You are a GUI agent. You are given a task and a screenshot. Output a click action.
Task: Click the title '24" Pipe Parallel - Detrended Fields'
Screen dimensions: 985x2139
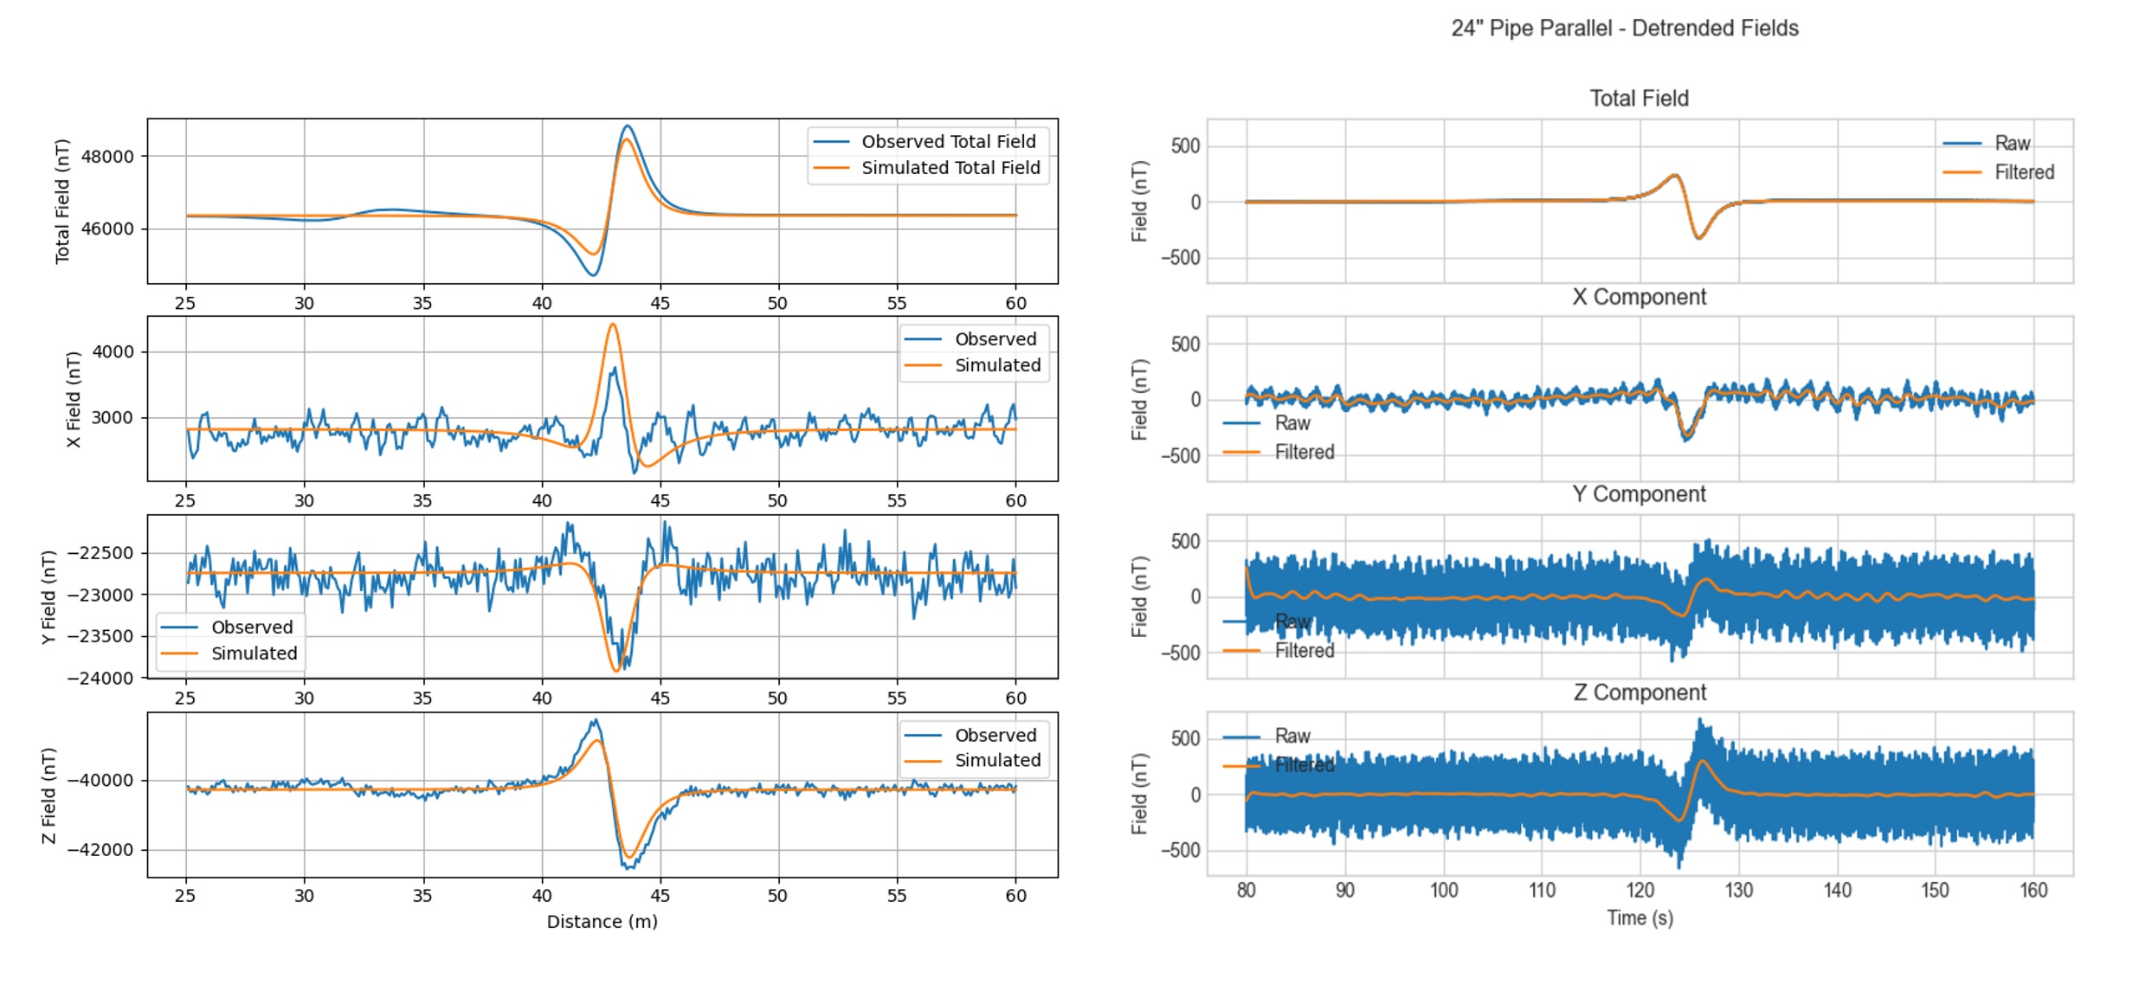point(1624,29)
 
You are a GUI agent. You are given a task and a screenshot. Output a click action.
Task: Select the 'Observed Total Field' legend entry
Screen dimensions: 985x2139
point(948,142)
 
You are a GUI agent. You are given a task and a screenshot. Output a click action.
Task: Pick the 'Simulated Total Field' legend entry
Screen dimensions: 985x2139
point(950,168)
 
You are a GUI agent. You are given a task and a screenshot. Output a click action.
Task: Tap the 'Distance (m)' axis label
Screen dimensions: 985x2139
point(602,922)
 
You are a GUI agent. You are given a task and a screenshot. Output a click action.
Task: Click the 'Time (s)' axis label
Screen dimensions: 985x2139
point(1640,917)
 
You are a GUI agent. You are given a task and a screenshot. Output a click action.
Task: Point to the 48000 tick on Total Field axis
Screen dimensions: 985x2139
point(107,157)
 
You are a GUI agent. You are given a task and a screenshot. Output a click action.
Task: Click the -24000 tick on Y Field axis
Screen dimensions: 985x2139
point(100,679)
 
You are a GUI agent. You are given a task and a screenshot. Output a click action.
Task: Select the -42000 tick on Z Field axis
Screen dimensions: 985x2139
point(100,850)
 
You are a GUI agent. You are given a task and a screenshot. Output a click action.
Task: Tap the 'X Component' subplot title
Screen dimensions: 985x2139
point(1639,297)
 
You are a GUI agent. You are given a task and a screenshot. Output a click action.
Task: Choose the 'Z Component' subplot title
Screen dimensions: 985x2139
point(1639,692)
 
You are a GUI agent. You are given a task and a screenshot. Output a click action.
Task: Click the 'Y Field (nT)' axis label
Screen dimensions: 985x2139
point(48,597)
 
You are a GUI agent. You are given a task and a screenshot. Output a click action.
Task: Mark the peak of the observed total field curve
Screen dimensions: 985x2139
point(628,126)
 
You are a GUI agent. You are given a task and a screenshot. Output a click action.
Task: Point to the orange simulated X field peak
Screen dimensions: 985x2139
point(613,325)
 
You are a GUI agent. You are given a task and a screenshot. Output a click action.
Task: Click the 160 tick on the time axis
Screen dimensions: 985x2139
point(2033,891)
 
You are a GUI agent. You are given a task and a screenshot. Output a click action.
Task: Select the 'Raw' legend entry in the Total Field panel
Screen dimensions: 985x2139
point(2012,144)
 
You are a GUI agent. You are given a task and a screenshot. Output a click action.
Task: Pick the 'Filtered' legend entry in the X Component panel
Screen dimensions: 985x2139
point(1304,452)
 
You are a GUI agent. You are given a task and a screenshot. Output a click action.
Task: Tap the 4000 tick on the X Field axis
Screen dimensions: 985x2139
point(113,352)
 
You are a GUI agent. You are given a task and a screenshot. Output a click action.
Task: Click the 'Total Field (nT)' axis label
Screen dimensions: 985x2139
point(62,201)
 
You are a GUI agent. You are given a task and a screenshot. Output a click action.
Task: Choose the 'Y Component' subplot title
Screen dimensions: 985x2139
point(1639,494)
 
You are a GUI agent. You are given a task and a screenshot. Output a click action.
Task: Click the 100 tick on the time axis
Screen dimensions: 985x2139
point(1443,891)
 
